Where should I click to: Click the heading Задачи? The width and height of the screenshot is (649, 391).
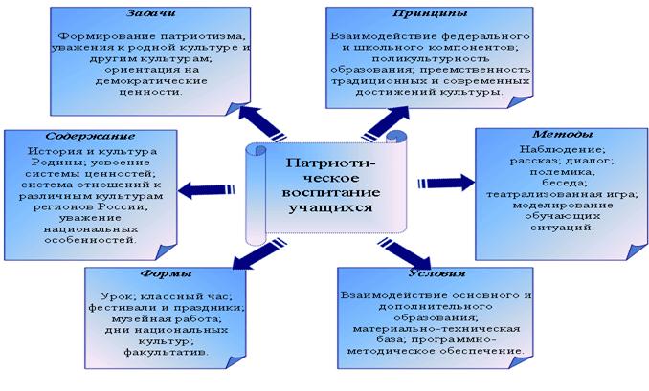pos(150,12)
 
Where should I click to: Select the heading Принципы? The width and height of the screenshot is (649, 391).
pos(430,13)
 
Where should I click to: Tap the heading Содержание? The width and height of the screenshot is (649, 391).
pos(90,136)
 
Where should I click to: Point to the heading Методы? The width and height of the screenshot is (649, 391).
pos(563,135)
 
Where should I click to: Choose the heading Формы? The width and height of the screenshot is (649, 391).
pos(166,273)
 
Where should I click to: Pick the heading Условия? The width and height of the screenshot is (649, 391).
pos(437,273)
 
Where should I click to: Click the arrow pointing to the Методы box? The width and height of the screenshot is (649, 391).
pos(446,183)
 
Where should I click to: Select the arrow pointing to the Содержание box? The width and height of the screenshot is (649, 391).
pos(207,190)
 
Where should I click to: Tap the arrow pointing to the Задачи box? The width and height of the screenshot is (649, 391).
pos(262,123)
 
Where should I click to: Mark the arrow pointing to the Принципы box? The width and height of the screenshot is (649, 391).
pos(386,123)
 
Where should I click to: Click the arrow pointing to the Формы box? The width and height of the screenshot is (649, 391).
pos(259,254)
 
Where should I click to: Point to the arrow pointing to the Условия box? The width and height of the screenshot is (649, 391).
pos(405,253)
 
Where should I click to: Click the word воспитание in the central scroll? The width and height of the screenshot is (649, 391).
pos(330,192)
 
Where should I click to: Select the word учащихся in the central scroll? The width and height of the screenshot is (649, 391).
pos(330,207)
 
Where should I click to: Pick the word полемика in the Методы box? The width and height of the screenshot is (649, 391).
pos(562,171)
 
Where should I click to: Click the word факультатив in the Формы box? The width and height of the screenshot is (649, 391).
pos(166,353)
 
